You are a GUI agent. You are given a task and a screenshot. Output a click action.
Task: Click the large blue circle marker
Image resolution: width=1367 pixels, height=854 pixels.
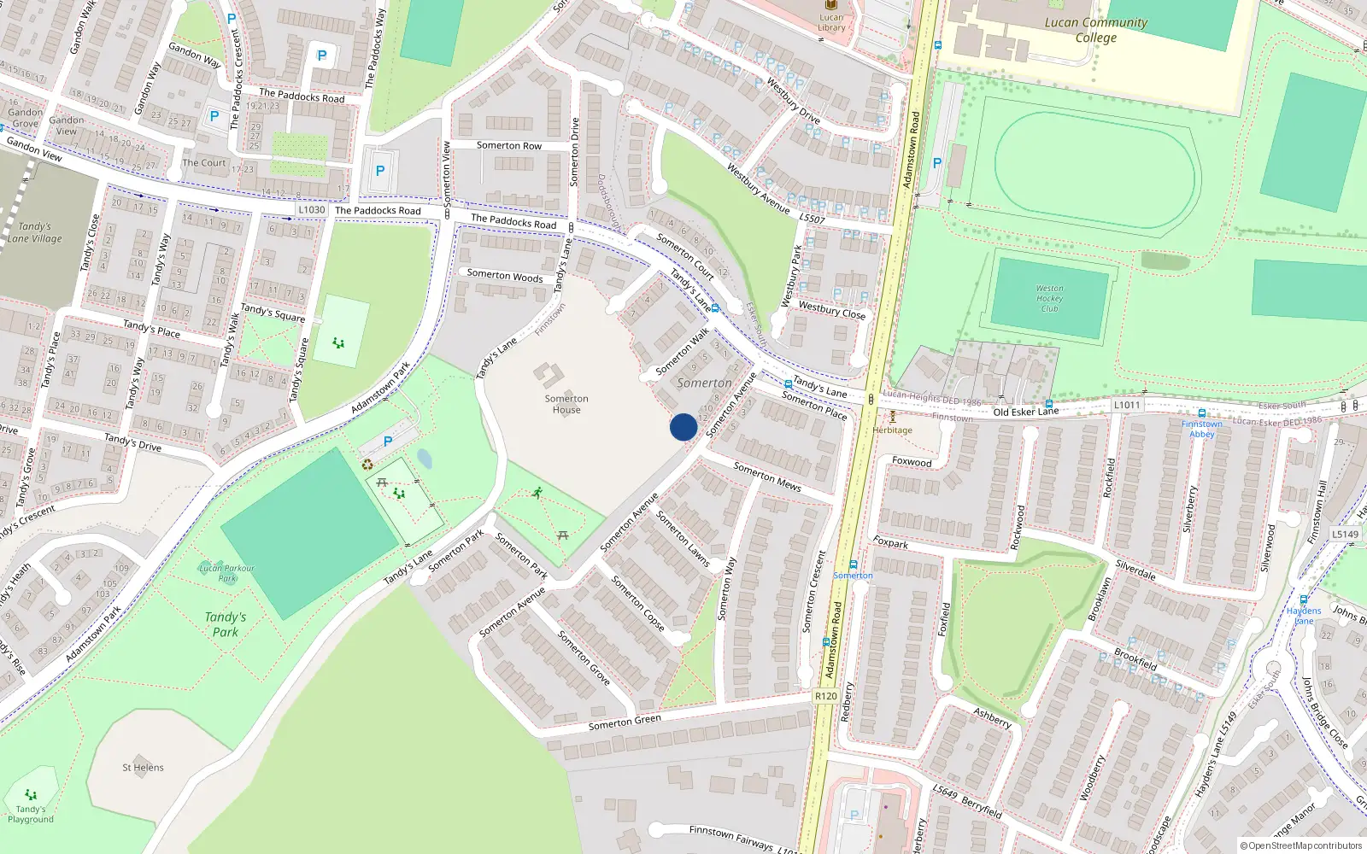click(x=683, y=427)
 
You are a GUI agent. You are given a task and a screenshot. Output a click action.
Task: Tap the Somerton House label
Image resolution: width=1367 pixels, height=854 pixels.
click(x=566, y=404)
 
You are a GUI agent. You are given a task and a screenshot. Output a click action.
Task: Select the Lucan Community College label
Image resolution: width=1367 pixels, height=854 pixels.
click(x=1096, y=30)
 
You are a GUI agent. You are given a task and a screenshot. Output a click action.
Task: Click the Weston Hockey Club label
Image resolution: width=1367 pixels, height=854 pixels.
click(x=1049, y=299)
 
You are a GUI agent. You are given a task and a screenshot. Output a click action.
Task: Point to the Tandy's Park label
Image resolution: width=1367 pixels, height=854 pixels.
click(x=226, y=624)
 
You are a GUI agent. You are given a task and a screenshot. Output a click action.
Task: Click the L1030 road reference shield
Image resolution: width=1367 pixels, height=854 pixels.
click(x=312, y=210)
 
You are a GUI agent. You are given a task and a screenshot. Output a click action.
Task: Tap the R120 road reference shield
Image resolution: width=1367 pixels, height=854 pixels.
click(x=826, y=696)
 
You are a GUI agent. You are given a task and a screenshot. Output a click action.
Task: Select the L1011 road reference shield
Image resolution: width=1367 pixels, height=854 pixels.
click(x=1127, y=406)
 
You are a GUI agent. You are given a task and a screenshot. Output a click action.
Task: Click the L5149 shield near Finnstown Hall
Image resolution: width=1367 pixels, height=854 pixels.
click(x=1345, y=535)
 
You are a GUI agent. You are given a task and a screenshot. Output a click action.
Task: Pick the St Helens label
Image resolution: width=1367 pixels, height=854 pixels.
click(x=143, y=768)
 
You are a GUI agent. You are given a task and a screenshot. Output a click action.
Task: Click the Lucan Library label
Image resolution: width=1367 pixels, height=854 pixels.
click(x=830, y=22)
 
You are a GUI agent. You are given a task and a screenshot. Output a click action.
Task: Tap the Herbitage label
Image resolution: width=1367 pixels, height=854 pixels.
click(x=893, y=430)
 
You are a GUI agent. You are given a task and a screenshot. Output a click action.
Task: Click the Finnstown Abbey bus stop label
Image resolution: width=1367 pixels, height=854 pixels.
click(x=1201, y=429)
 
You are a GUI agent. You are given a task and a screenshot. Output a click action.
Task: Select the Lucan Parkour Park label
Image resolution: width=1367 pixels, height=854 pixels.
click(x=226, y=573)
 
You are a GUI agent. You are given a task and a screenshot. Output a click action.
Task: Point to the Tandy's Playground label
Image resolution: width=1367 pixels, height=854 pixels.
click(x=31, y=814)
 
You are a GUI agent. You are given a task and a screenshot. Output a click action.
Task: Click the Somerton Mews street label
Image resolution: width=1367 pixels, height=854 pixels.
click(x=767, y=477)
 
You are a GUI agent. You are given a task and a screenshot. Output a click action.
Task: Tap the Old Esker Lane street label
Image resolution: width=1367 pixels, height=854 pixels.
click(x=1025, y=412)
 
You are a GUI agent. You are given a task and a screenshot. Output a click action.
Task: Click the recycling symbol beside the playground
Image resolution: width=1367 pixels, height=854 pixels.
click(x=367, y=465)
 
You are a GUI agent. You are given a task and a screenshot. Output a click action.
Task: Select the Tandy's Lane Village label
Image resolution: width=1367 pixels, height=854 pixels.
click(x=35, y=232)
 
